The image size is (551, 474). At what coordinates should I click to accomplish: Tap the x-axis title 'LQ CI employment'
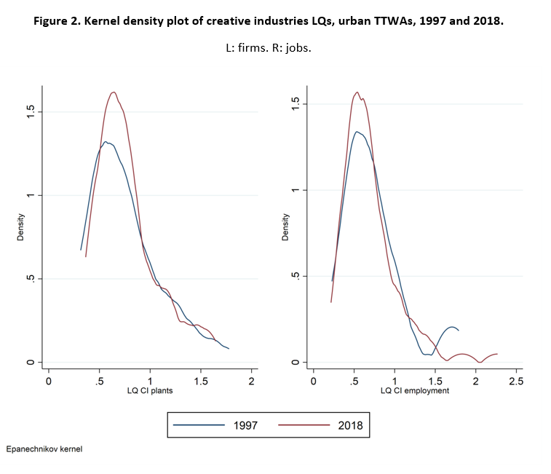pos(415,390)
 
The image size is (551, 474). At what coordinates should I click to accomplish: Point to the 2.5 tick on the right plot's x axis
pos(516,380)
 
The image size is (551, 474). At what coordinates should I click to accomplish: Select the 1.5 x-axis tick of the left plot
pos(201,380)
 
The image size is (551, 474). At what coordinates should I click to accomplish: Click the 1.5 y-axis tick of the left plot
pos(31,112)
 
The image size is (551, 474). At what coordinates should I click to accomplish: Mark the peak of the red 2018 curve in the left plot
pos(114,92)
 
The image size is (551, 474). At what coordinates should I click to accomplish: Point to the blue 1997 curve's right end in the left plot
pos(229,349)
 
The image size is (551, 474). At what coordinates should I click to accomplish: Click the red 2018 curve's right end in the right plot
pos(497,354)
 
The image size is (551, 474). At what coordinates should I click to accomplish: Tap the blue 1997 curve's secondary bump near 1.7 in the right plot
pos(452,327)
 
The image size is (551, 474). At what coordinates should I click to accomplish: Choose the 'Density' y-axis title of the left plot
pos(23,227)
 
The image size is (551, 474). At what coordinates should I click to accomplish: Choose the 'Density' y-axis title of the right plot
pos(287,227)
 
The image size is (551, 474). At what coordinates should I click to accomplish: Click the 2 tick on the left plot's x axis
pos(252,380)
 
